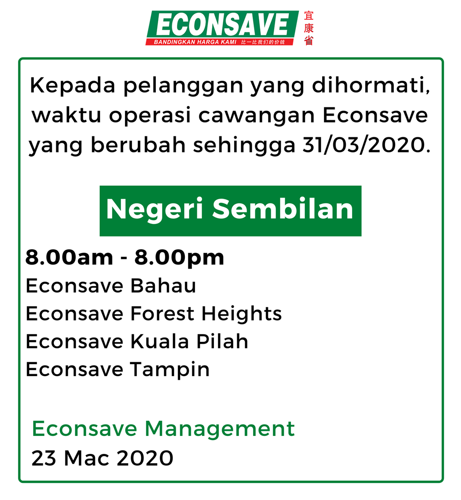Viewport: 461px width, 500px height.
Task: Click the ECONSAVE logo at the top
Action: pos(222,28)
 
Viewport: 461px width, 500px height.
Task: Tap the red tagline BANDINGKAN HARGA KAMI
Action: pos(195,42)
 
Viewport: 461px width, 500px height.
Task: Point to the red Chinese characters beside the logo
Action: pos(308,28)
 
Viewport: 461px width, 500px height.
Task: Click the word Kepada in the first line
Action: pos(72,86)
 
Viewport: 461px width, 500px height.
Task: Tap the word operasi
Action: pos(150,116)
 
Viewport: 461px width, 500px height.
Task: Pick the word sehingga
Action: pos(244,146)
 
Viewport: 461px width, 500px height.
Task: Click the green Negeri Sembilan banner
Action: pos(230,211)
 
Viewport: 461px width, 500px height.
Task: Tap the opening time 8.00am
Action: pos(69,257)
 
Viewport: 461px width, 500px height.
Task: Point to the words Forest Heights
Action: pos(206,314)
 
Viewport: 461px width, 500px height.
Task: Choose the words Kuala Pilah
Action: pos(189,341)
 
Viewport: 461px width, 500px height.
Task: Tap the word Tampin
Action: pos(170,370)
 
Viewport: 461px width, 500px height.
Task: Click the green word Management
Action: pos(220,429)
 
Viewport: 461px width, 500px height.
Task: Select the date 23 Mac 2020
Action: pos(102,458)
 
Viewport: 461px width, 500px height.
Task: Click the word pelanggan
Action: pos(183,87)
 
